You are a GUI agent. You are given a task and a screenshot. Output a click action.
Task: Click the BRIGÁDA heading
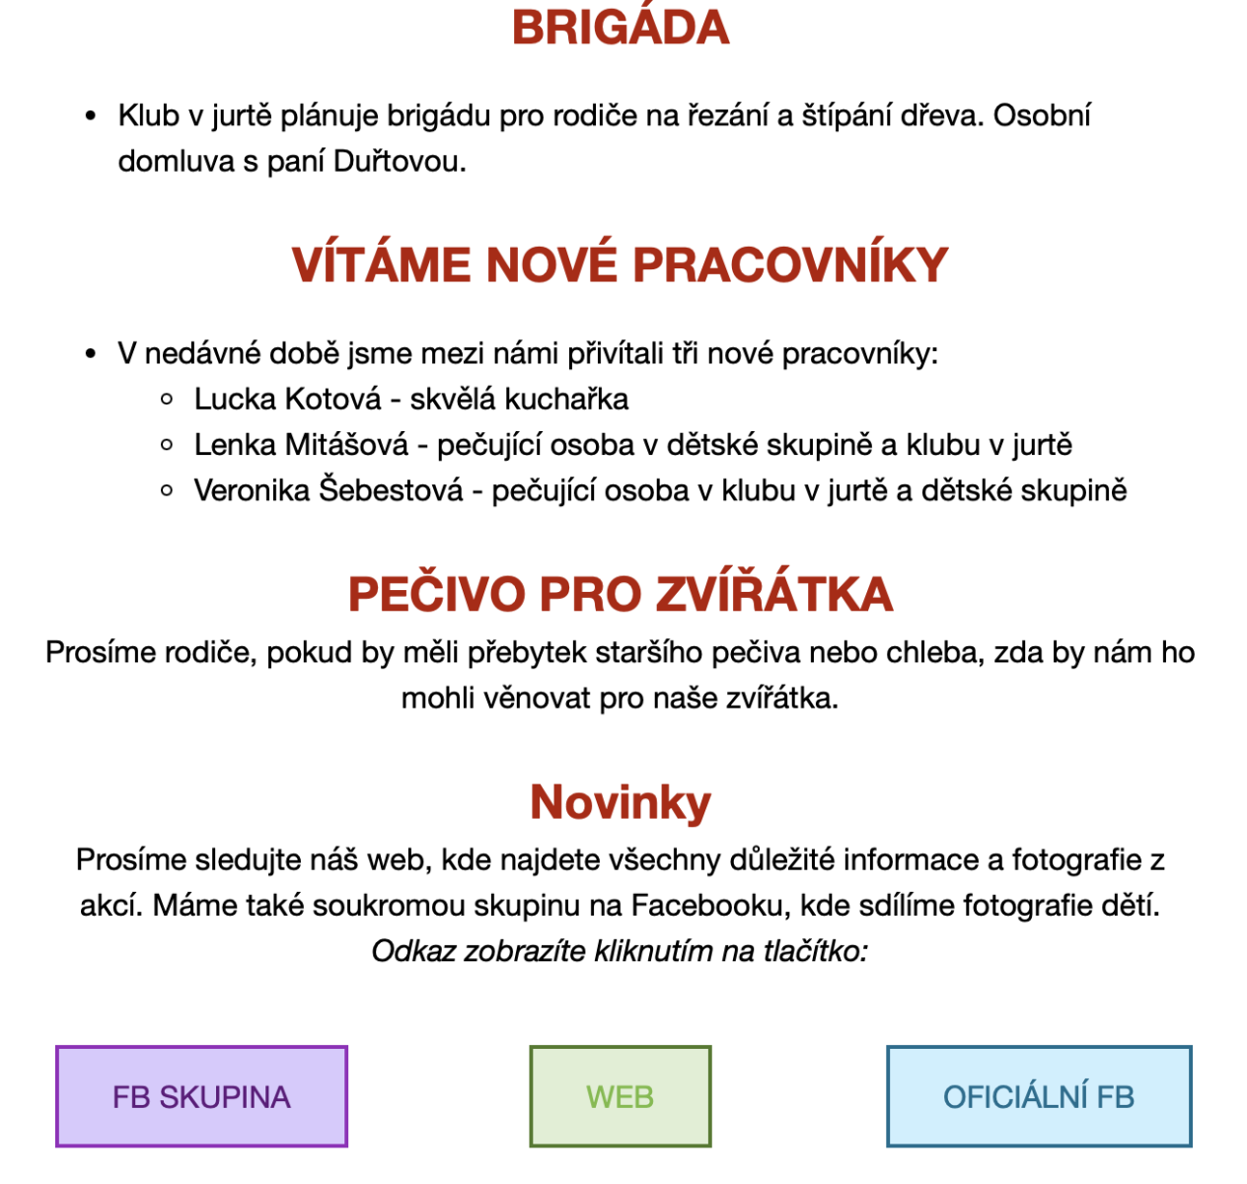click(621, 28)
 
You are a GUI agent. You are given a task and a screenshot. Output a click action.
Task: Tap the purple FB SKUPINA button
click(201, 1096)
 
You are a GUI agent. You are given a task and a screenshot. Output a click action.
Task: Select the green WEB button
click(620, 1096)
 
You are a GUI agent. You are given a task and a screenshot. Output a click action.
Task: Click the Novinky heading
click(621, 802)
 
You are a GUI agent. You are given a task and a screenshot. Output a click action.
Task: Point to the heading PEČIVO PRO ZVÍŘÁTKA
click(621, 594)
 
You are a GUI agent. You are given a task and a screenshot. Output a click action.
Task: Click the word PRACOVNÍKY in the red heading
click(790, 264)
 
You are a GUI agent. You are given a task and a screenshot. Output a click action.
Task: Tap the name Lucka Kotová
click(287, 399)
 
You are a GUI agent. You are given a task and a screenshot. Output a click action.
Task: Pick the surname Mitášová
click(346, 445)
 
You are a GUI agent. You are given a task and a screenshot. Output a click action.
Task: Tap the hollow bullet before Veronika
click(167, 490)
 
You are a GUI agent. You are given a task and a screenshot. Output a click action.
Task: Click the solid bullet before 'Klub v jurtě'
click(91, 116)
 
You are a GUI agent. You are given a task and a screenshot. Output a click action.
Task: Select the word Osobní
click(1042, 115)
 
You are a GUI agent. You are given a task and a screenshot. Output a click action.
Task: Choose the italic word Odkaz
click(413, 951)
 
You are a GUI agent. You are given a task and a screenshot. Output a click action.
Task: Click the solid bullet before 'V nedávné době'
click(91, 354)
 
